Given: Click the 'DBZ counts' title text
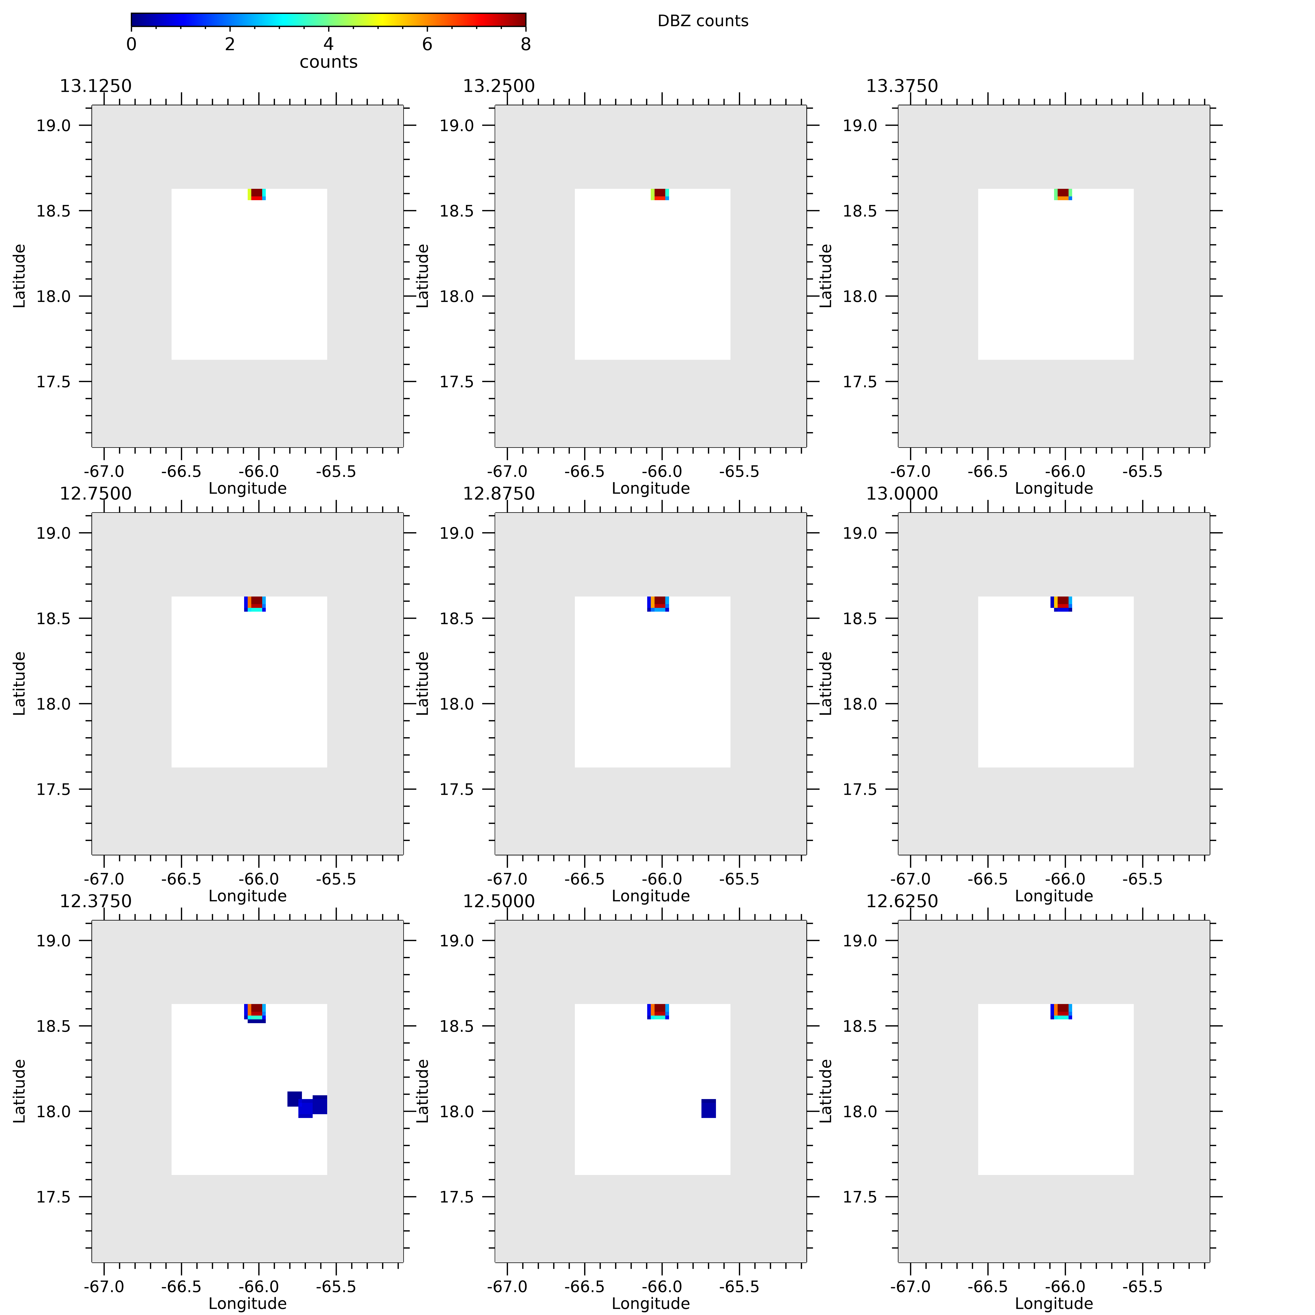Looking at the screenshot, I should (702, 21).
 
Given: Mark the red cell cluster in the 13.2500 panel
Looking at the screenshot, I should (660, 194).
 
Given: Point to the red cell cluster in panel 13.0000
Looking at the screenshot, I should (1062, 602).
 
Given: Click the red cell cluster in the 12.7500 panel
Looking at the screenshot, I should (256, 602).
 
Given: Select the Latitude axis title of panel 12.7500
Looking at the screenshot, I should (19, 683).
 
